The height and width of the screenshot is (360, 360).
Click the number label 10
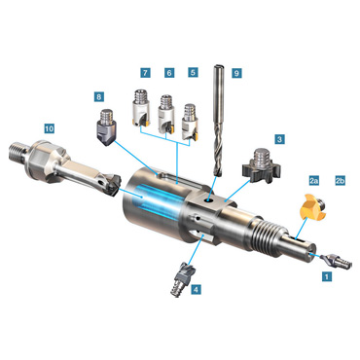click(x=49, y=128)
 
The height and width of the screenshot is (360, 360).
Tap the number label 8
click(x=99, y=96)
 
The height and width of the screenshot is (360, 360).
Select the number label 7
click(x=145, y=72)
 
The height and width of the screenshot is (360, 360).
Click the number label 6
click(x=169, y=73)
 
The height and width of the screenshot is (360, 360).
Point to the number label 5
click(x=193, y=72)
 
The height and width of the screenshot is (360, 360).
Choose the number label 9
click(x=236, y=73)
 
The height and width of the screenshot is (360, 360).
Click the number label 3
click(x=279, y=139)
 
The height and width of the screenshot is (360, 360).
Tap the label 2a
click(x=312, y=181)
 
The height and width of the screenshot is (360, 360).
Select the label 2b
click(x=340, y=181)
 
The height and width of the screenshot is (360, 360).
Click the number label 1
click(x=327, y=276)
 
